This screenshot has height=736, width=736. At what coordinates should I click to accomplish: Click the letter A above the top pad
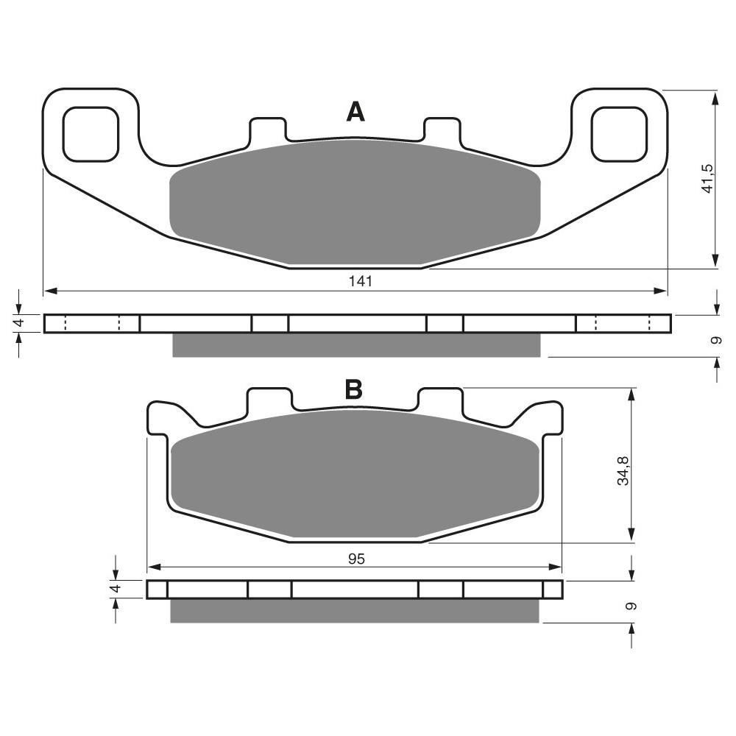point(355,112)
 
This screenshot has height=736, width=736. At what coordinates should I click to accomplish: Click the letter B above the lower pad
point(353,389)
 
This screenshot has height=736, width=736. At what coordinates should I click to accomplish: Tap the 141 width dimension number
point(361,281)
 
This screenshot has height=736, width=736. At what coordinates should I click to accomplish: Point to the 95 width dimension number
point(357,559)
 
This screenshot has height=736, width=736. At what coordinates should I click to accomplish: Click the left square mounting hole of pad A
point(91,135)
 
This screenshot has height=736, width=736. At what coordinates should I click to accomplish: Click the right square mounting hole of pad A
point(619,135)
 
